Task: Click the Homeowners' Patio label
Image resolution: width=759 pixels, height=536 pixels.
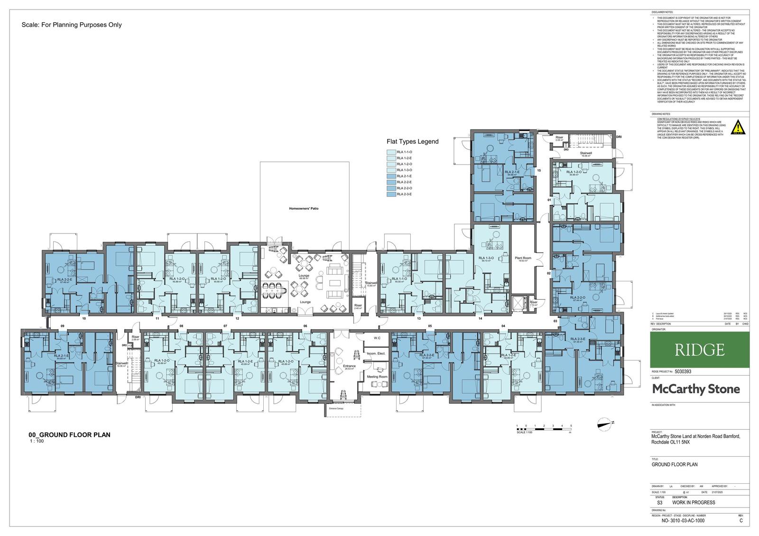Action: [x=304, y=208]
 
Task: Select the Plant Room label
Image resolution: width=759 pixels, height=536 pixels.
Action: [x=522, y=258]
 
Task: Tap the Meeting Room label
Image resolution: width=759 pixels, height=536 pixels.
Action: [x=377, y=377]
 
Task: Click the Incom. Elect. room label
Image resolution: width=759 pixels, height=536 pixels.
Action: [x=376, y=353]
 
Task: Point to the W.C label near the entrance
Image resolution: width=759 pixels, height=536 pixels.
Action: [x=377, y=338]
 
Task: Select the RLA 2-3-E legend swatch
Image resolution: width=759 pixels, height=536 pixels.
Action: [x=392, y=194]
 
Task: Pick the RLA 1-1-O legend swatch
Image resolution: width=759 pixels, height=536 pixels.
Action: [x=392, y=152]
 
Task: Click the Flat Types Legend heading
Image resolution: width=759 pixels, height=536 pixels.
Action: [x=412, y=141]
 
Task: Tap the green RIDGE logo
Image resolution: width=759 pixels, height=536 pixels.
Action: [x=700, y=350]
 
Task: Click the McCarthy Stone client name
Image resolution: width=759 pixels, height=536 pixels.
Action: [x=696, y=389]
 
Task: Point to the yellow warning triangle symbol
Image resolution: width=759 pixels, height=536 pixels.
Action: [x=737, y=128]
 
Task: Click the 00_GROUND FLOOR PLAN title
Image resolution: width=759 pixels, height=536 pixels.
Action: [x=69, y=434]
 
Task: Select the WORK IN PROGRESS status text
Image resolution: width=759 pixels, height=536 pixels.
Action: [x=694, y=502]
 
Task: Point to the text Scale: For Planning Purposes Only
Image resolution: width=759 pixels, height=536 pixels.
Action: [x=72, y=25]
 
